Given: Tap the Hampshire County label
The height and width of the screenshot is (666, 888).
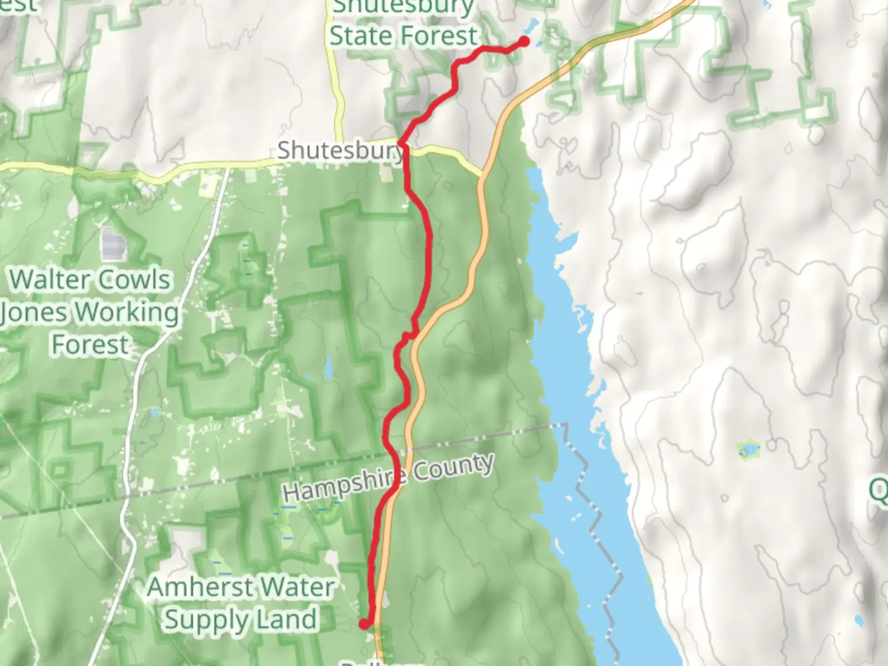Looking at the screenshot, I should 388,478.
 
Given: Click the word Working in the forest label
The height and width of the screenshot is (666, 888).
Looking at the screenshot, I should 128,313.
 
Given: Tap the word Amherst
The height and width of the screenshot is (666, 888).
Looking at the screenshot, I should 196,586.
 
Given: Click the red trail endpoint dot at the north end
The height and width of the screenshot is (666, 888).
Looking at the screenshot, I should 524,41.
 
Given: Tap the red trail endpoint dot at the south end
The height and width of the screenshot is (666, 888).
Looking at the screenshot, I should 364,624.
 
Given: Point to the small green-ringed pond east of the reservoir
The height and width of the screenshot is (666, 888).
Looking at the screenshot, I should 748,449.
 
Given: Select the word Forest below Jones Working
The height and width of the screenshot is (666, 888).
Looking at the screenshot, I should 90,345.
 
